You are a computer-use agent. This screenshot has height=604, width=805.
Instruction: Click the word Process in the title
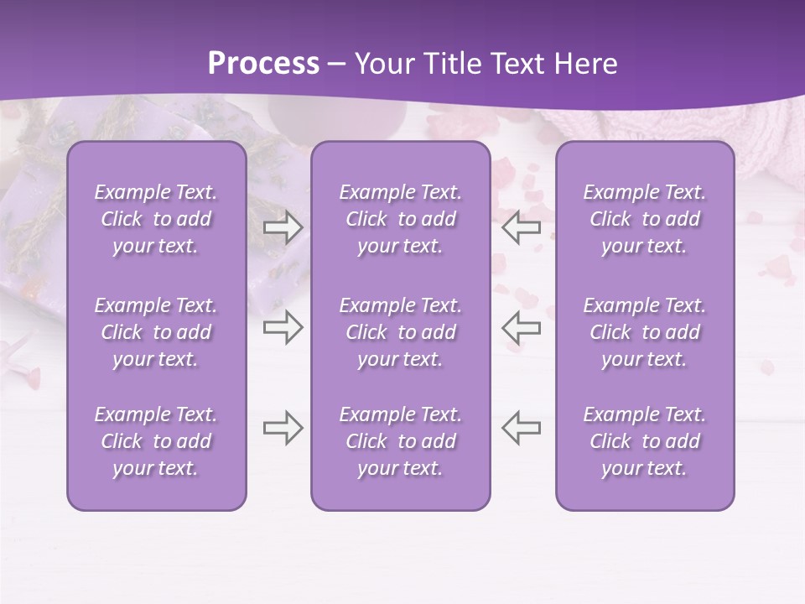tap(263, 64)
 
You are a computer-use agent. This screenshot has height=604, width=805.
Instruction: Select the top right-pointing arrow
tap(283, 227)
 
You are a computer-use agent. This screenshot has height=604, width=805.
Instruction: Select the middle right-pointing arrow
tap(283, 327)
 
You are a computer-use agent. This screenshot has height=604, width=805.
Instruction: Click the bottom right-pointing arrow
tap(283, 428)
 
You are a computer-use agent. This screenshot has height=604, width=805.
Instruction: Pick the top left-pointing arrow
tap(522, 227)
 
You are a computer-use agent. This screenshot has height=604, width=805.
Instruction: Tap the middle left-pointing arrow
tap(522, 327)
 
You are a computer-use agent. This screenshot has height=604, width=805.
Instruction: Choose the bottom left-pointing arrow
tap(522, 428)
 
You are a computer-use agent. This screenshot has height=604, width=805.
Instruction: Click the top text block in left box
tap(156, 219)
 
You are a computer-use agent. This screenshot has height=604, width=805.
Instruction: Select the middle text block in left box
tap(156, 332)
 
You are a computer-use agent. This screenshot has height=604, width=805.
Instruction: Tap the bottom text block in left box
tap(156, 441)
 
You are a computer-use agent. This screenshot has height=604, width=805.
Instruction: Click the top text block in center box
tap(400, 219)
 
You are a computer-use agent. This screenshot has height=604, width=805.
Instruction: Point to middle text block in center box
tap(400, 332)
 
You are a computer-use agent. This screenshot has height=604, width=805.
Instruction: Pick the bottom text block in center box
tap(400, 441)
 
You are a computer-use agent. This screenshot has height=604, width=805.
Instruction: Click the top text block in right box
tap(645, 219)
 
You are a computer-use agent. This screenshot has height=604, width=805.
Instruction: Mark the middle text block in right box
tap(645, 332)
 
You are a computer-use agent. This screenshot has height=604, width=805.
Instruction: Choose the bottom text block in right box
tap(645, 441)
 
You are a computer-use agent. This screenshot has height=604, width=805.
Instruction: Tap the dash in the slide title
tap(337, 65)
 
